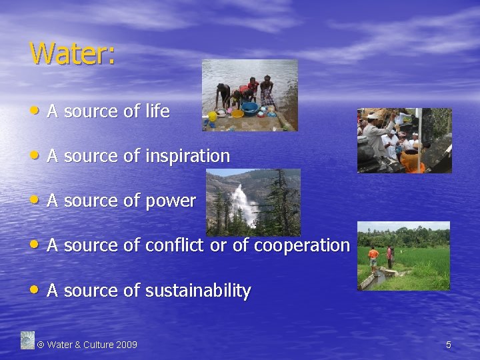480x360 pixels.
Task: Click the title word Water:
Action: coord(72,53)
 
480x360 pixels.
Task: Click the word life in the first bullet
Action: coord(157,111)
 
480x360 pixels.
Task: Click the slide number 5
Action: coord(449,345)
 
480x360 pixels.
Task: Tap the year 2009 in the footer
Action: coord(126,345)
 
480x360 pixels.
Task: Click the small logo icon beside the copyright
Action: coord(27,340)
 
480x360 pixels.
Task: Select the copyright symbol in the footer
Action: coord(41,345)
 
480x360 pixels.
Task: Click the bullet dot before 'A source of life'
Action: coord(35,111)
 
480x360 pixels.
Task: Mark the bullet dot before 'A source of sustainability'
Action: coord(35,290)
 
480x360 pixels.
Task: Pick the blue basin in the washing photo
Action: coord(251,109)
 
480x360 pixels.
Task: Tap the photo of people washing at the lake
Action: coord(250,95)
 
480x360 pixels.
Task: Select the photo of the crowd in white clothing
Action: coord(404,141)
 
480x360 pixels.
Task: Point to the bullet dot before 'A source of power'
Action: coord(35,200)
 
